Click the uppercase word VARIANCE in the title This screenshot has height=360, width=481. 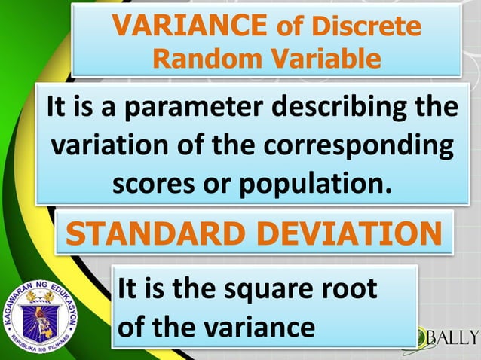coord(189,27)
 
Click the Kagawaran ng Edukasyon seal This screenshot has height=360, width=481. coord(41,317)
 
